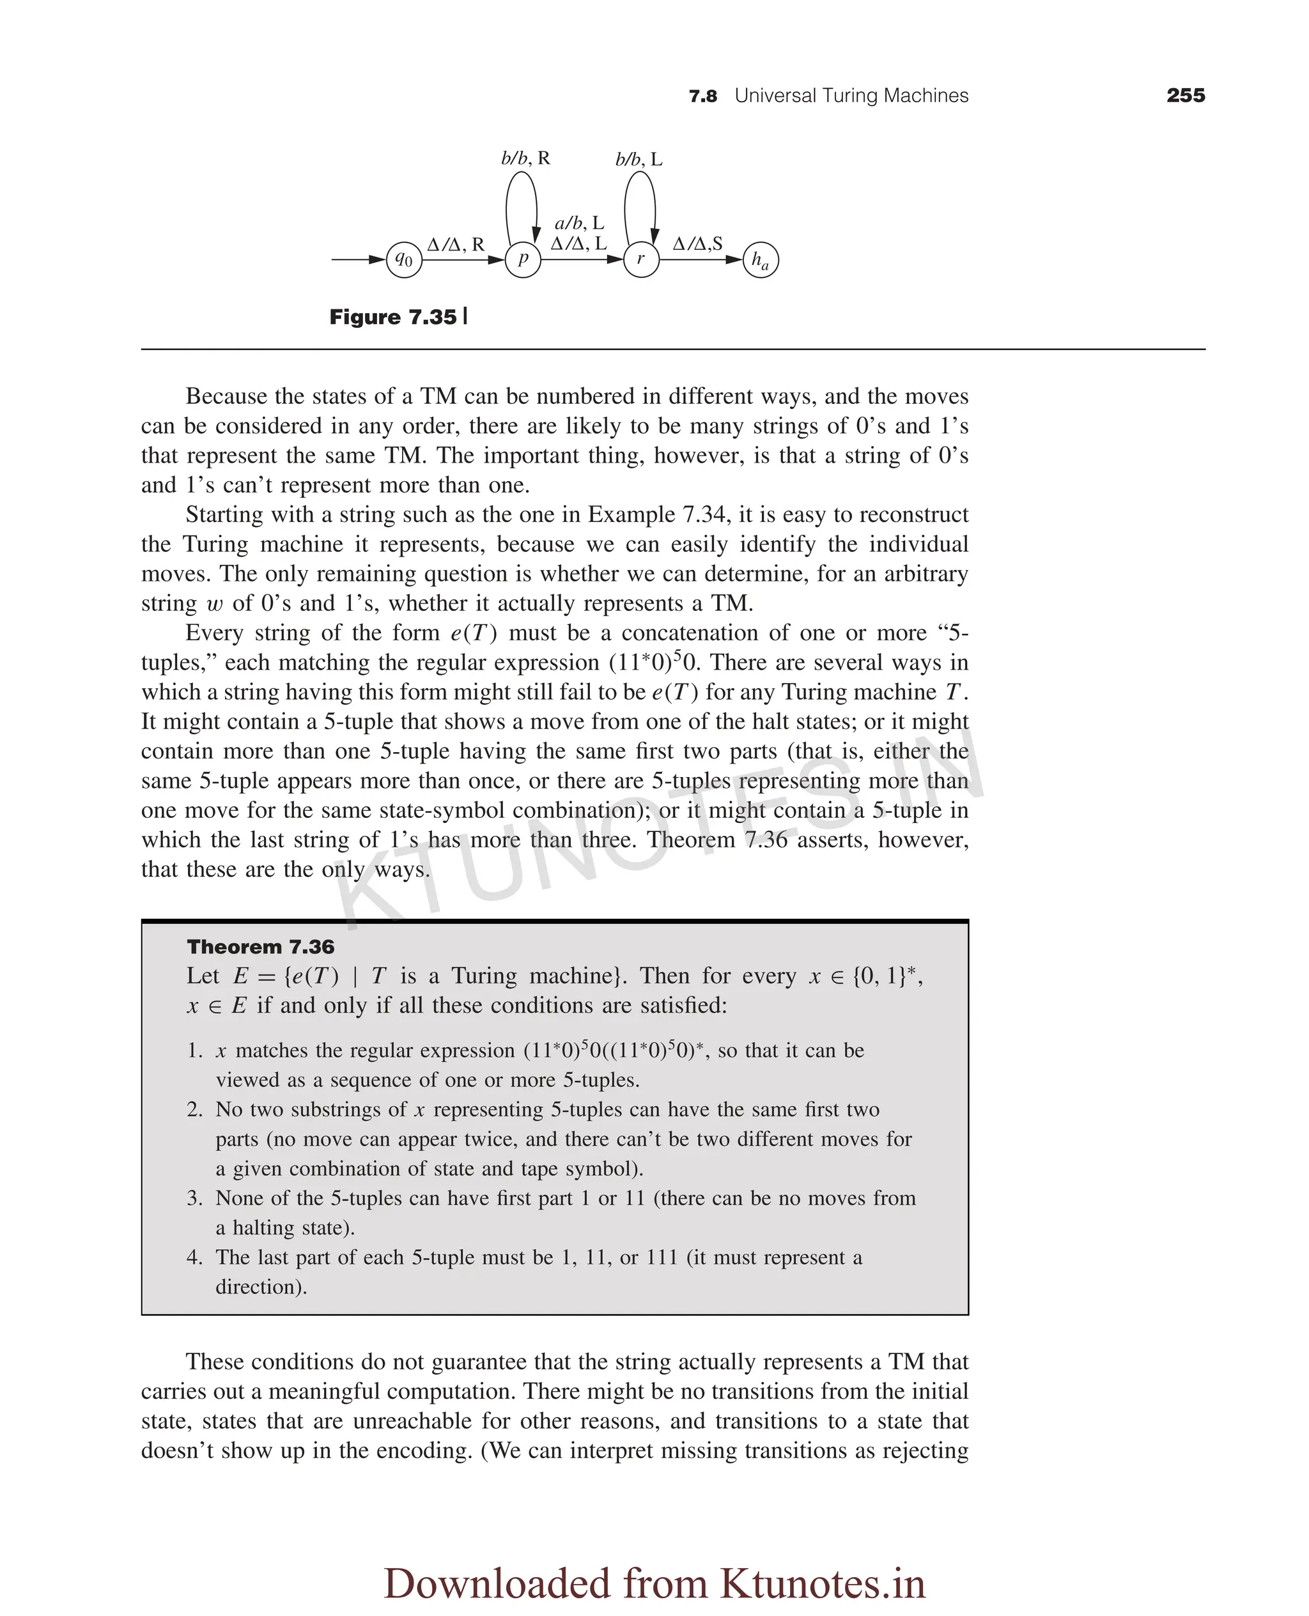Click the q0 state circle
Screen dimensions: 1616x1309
point(404,259)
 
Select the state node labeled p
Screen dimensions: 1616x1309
point(523,259)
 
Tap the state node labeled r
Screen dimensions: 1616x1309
point(641,259)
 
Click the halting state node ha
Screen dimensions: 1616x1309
point(760,259)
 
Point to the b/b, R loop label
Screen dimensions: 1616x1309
point(525,158)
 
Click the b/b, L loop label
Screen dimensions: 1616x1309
point(639,159)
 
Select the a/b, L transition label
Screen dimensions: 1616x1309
point(579,223)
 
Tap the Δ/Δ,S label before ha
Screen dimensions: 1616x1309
point(697,243)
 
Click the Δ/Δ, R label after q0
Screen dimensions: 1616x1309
point(456,244)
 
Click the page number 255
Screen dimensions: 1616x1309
point(1186,96)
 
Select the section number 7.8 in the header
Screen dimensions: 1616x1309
point(703,96)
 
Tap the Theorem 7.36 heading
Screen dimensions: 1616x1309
point(260,947)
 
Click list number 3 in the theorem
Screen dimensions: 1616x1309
point(194,1199)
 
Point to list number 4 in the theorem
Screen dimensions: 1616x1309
point(194,1258)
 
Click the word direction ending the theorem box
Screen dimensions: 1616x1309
point(260,1287)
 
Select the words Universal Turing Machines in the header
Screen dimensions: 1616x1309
point(851,96)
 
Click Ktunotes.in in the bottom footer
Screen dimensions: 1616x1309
point(822,1583)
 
